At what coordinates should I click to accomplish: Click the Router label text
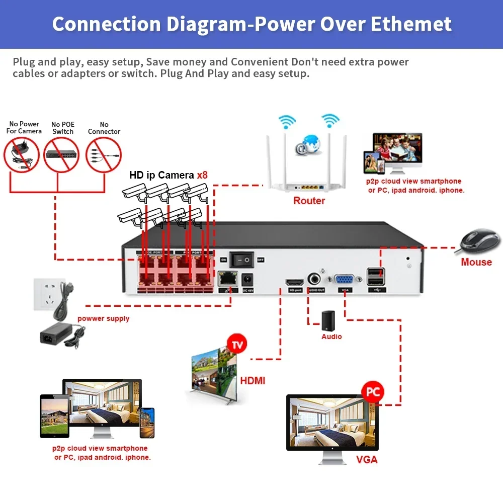(x=309, y=201)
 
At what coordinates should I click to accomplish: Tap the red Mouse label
(x=476, y=262)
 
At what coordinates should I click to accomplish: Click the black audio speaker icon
(x=328, y=320)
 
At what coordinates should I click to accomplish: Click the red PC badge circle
(x=372, y=392)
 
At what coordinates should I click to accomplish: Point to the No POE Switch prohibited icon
(x=63, y=155)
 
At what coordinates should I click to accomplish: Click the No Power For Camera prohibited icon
(x=22, y=155)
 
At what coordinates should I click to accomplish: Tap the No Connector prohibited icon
(x=104, y=155)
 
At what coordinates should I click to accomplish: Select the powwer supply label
(x=103, y=318)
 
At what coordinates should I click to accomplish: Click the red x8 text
(x=202, y=175)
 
